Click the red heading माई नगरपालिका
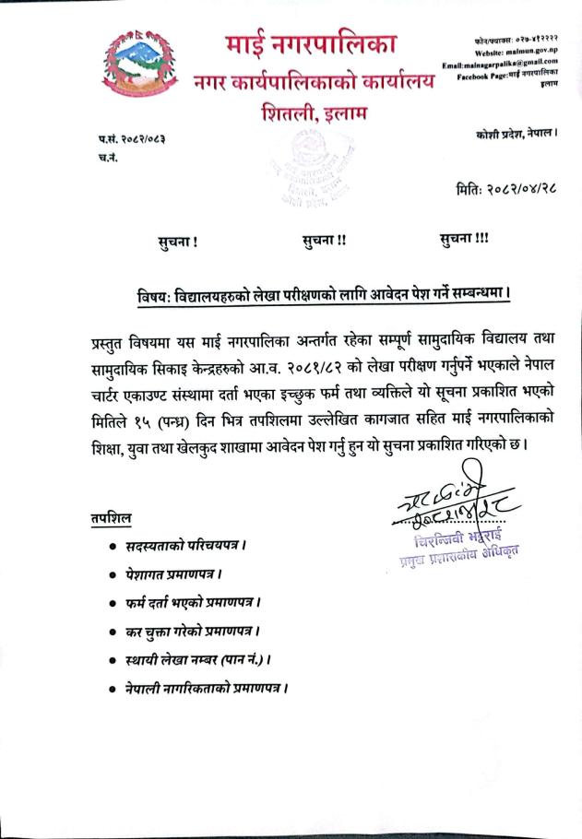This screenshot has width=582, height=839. [x=311, y=43]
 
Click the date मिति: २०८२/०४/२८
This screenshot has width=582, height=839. [x=507, y=191]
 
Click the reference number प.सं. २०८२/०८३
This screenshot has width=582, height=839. [x=137, y=139]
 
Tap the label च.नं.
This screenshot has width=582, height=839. [x=106, y=158]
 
